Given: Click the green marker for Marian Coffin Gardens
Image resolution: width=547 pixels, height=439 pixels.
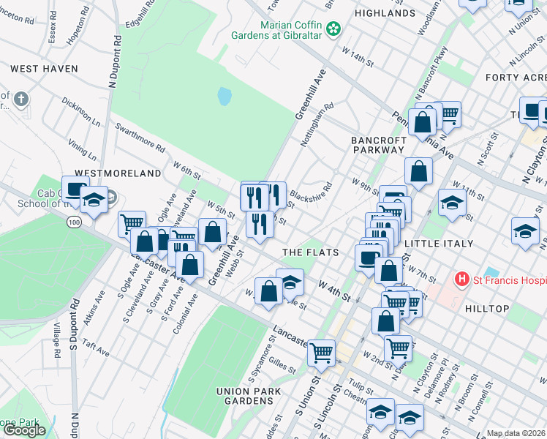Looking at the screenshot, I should pyautogui.click(x=333, y=29).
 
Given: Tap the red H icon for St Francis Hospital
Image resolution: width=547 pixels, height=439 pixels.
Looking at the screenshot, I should pyautogui.click(x=461, y=279).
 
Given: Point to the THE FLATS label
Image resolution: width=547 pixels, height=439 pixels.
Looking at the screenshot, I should pyautogui.click(x=311, y=252).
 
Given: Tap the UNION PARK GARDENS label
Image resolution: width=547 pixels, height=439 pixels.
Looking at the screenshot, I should pyautogui.click(x=244, y=396).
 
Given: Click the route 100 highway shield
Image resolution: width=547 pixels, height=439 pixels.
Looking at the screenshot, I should pyautogui.click(x=73, y=219).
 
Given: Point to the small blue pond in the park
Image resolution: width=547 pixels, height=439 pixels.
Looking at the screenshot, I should pyautogui.click(x=225, y=96).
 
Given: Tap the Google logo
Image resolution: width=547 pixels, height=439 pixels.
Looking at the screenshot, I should pyautogui.click(x=24, y=430).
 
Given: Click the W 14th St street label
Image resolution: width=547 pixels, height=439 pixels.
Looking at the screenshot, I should pyautogui.click(x=358, y=57).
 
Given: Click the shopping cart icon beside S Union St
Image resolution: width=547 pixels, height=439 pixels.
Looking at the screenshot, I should pyautogui.click(x=322, y=352).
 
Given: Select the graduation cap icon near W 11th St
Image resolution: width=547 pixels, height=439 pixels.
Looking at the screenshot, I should pyautogui.click(x=453, y=203).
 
